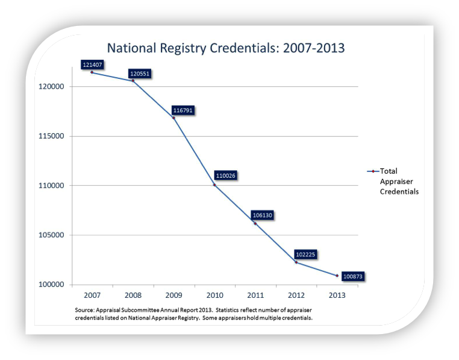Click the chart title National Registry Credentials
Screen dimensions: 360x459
[x=225, y=48]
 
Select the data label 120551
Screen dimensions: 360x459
[x=139, y=74]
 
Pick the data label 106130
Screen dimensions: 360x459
[x=264, y=215]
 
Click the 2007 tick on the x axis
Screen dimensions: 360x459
[x=92, y=295]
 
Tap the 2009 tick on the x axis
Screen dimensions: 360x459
[x=174, y=295]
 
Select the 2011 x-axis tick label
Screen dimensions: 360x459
[x=255, y=295]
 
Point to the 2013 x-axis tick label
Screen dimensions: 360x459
[x=337, y=295]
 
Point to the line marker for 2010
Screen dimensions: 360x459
[x=214, y=185]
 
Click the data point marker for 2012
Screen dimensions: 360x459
[x=296, y=262]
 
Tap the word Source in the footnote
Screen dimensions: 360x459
[x=86, y=310]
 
